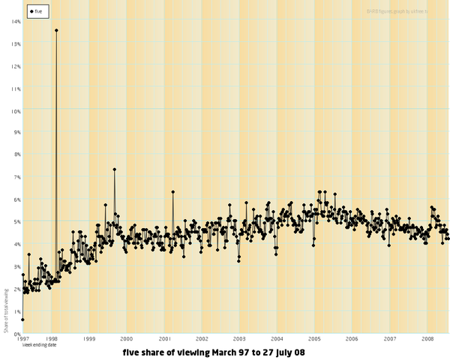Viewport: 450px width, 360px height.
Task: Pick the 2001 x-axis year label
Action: (164, 339)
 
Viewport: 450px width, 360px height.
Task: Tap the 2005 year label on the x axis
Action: (315, 339)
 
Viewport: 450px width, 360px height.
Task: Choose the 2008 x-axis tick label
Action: (427, 339)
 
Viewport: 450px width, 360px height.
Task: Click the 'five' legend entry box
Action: (37, 11)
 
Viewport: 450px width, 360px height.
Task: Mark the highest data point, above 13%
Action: (56, 30)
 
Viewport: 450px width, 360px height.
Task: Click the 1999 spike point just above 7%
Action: (114, 169)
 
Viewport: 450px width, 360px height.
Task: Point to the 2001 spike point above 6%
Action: (172, 192)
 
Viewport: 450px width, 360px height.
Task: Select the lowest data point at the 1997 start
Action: (22, 319)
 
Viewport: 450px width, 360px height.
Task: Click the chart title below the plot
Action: (214, 352)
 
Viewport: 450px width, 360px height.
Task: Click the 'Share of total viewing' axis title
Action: (5, 307)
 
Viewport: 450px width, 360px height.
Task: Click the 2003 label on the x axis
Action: (239, 339)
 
